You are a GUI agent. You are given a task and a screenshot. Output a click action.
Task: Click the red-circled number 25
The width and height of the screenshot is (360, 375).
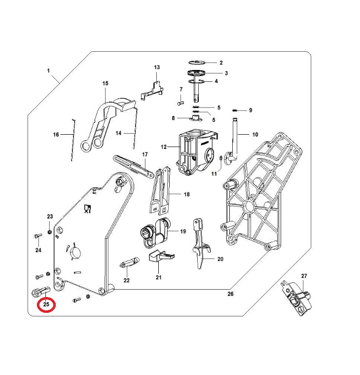click(x=46, y=304)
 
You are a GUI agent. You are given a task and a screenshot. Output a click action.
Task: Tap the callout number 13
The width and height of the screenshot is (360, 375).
click(x=157, y=67)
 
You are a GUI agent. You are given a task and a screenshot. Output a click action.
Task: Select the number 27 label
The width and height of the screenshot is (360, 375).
click(x=304, y=276)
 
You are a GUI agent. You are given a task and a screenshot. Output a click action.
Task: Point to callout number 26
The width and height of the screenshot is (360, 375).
click(x=230, y=294)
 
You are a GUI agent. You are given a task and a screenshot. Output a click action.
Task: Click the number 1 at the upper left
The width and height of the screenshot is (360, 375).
click(x=48, y=71)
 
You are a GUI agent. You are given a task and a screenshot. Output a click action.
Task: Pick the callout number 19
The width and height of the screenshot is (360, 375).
click(x=183, y=231)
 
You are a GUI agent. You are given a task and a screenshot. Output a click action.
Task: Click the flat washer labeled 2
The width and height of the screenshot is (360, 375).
click(x=197, y=63)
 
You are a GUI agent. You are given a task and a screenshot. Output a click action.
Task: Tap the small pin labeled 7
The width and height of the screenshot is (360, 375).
click(x=180, y=103)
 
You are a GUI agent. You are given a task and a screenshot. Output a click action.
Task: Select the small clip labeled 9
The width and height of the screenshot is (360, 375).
click(x=235, y=110)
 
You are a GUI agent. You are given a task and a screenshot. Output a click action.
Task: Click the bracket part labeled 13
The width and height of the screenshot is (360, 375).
click(x=153, y=90)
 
